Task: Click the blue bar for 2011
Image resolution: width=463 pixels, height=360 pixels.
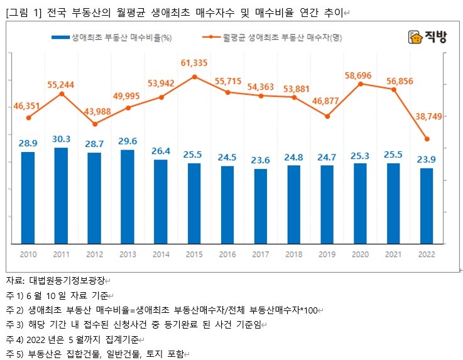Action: tap(62, 195)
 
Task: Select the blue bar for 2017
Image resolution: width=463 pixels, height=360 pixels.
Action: tap(261, 205)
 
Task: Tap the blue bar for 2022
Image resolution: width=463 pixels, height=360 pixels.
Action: tap(427, 205)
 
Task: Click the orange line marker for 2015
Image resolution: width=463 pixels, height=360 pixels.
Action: tap(194, 77)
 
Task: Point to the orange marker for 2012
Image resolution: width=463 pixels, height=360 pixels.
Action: tap(95, 124)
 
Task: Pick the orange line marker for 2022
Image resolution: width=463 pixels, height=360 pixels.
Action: tap(427, 139)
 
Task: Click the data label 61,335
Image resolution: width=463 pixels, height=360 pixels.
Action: tap(194, 63)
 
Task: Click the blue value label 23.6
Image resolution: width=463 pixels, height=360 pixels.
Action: tap(261, 160)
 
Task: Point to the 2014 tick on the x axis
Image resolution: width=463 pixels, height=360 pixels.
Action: tap(161, 254)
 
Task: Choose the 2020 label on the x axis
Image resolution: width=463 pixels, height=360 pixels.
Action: tap(360, 254)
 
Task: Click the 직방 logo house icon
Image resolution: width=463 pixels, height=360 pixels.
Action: tap(414, 38)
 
